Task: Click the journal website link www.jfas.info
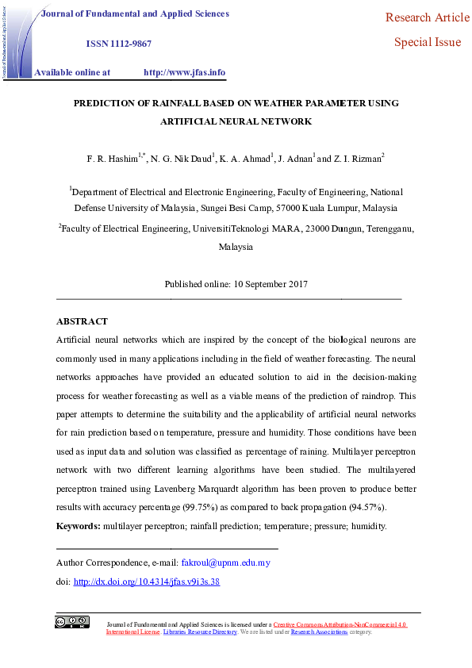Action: pos(184,72)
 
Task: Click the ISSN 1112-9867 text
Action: pos(118,44)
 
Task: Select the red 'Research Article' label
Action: pos(428,17)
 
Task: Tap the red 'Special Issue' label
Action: pos(428,42)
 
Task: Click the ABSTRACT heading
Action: pos(82,321)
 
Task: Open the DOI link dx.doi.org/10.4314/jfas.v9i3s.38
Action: pos(146,582)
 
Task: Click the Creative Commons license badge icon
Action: pos(72,622)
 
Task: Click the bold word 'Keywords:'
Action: pos(78,526)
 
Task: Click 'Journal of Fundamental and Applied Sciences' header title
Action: pos(135,13)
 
